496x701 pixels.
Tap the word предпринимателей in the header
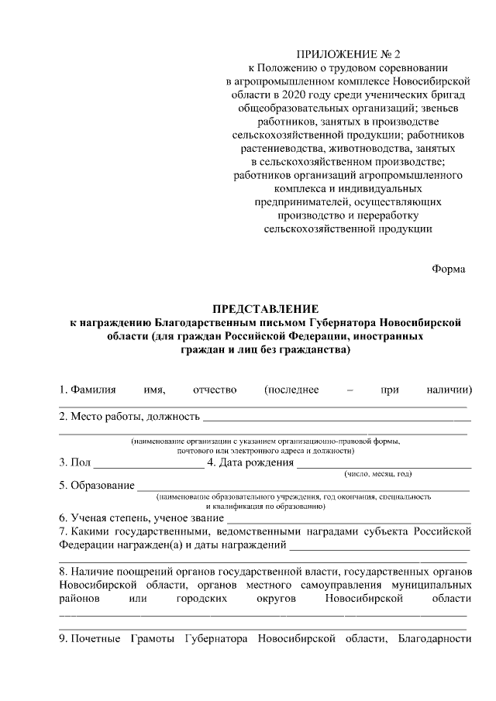coord(297,201)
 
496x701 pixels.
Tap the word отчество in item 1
coord(215,390)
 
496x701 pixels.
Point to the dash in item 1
coord(350,390)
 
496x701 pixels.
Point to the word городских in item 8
coord(201,599)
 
